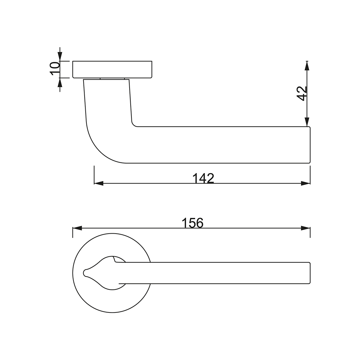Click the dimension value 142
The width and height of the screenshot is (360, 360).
tap(203, 178)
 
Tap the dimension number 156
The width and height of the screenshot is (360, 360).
tap(193, 223)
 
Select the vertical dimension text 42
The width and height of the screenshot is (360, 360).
tap(302, 94)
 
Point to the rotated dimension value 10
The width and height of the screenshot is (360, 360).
tap(55, 68)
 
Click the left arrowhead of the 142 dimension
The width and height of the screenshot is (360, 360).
tap(99, 183)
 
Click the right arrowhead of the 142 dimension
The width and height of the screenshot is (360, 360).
tap(306, 183)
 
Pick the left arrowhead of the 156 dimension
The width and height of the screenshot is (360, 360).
tap(77, 228)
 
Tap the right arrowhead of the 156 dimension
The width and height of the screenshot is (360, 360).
tap(306, 228)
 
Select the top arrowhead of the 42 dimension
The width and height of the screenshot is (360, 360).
tap(307, 66)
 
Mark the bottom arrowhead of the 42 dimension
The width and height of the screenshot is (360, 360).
tap(307, 122)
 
